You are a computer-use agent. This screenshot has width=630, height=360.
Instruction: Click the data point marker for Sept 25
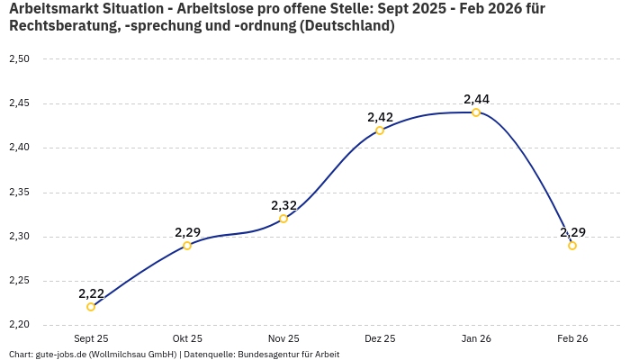pyautogui.click(x=91, y=307)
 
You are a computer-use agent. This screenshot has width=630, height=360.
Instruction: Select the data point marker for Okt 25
pyautogui.click(x=187, y=246)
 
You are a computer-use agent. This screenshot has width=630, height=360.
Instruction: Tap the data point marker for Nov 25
pyautogui.click(x=283, y=219)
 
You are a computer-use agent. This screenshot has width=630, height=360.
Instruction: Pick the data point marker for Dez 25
pyautogui.click(x=380, y=130)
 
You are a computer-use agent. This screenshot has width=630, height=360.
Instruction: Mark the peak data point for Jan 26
pyautogui.click(x=476, y=112)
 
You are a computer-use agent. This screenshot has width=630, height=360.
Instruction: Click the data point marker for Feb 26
pyautogui.click(x=572, y=246)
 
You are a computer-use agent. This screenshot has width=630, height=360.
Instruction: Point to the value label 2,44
pyautogui.click(x=476, y=99)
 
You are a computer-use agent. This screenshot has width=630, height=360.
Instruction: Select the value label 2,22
pyautogui.click(x=91, y=293)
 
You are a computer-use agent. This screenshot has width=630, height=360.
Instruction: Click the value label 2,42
pyautogui.click(x=380, y=117)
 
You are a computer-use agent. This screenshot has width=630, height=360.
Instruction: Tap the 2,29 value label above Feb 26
pyautogui.click(x=572, y=232)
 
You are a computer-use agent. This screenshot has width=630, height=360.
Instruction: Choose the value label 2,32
pyautogui.click(x=283, y=205)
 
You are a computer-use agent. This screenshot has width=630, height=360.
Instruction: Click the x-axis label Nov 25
pyautogui.click(x=283, y=338)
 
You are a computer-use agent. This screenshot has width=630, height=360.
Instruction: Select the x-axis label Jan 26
pyautogui.click(x=476, y=338)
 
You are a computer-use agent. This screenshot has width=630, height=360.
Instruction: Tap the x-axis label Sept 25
pyautogui.click(x=91, y=338)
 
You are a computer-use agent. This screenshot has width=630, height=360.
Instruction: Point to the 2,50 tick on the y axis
pyautogui.click(x=19, y=59)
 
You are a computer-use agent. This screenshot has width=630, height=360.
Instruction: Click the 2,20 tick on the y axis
pyautogui.click(x=19, y=325)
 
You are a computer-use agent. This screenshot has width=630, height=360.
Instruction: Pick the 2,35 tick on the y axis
pyautogui.click(x=19, y=193)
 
